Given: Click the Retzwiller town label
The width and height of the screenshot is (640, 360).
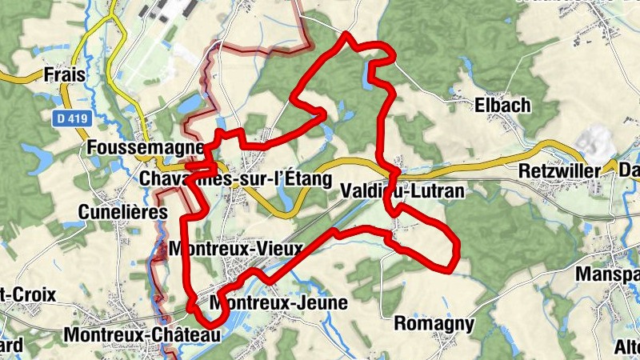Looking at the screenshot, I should (559, 171).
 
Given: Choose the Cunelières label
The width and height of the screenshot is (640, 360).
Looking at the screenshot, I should (123, 212).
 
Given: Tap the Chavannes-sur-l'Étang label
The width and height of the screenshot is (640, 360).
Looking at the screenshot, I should (234, 179).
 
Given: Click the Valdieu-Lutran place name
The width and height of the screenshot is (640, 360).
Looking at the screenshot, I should (402, 191).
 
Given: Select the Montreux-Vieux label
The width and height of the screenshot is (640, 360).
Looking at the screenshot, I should (236, 249).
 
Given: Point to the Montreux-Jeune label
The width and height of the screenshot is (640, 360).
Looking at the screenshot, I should (278, 303).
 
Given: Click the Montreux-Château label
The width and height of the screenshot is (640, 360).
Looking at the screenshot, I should (141, 334).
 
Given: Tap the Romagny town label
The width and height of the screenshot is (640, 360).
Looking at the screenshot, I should (434, 324).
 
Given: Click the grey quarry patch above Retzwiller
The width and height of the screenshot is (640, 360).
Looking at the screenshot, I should (597, 142).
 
